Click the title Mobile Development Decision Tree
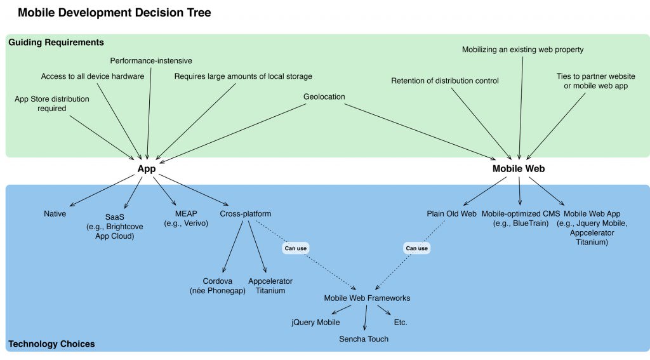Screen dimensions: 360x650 [x=114, y=13]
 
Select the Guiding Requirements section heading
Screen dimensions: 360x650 [x=56, y=43]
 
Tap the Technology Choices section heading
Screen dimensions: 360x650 [x=51, y=344]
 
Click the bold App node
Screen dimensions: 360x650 [x=147, y=169]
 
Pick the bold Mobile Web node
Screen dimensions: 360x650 [x=519, y=169]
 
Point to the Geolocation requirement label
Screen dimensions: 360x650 [x=324, y=97]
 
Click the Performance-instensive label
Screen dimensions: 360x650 [x=151, y=61]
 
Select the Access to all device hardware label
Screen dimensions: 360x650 [x=93, y=77]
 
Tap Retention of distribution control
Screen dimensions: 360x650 [x=445, y=81]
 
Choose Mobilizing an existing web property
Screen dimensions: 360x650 [x=522, y=50]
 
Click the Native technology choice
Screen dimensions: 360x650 [x=55, y=214]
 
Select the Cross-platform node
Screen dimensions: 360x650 [x=246, y=214]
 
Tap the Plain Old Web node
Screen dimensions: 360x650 [x=451, y=214]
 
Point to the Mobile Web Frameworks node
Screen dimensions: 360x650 [x=367, y=298]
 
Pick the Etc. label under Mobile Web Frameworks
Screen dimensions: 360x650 [x=401, y=323]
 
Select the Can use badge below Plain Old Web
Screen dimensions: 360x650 [x=417, y=248]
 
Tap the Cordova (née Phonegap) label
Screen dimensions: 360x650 [x=218, y=286]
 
